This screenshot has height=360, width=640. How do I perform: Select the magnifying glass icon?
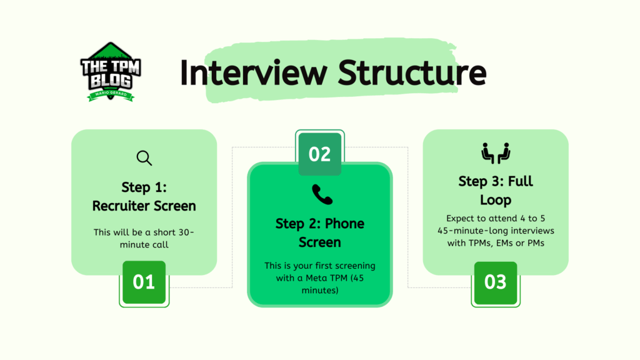[x=144, y=158]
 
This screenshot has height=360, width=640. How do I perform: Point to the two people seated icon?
[x=496, y=153]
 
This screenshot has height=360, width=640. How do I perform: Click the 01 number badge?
[x=144, y=282]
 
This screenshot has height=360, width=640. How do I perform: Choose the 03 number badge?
[x=496, y=282]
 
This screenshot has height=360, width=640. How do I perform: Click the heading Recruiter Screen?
[x=144, y=206]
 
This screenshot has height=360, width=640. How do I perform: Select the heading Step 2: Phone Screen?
[x=320, y=232]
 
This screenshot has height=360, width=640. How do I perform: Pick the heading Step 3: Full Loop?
[x=496, y=191]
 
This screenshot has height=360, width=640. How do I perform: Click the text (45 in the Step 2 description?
[x=364, y=277]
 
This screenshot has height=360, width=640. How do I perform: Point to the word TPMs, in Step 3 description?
[x=473, y=243]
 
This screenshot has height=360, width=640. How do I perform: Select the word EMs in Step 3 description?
[x=503, y=243]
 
